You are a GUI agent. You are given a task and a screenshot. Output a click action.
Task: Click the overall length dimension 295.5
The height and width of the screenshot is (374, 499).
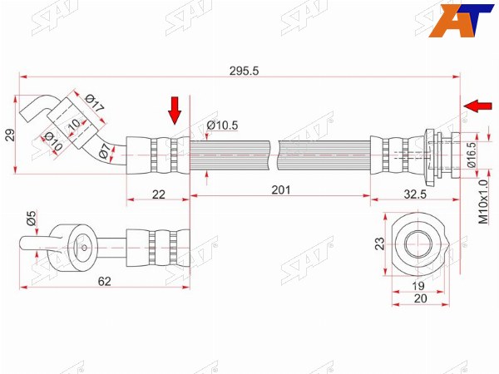(x=244, y=71)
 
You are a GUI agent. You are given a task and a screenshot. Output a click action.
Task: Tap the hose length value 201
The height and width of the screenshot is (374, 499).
(x=281, y=189)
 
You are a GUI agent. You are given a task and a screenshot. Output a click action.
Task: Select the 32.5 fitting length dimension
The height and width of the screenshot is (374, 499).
(x=415, y=194)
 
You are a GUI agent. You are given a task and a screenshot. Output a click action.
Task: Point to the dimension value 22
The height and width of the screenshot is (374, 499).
(x=159, y=194)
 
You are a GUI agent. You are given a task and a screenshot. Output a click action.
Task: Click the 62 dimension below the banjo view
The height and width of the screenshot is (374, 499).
(x=105, y=282)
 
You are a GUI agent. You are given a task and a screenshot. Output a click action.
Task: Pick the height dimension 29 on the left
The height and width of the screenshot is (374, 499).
(x=10, y=135)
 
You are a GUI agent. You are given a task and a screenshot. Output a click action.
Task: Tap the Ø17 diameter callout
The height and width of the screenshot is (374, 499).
(x=95, y=103)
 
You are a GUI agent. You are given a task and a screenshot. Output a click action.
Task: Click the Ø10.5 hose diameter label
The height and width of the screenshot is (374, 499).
(x=222, y=125)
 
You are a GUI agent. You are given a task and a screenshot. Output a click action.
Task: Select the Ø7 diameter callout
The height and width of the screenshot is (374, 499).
(x=105, y=151)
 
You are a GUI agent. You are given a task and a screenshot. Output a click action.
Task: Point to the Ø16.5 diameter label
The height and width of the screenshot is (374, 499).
(x=472, y=155)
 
